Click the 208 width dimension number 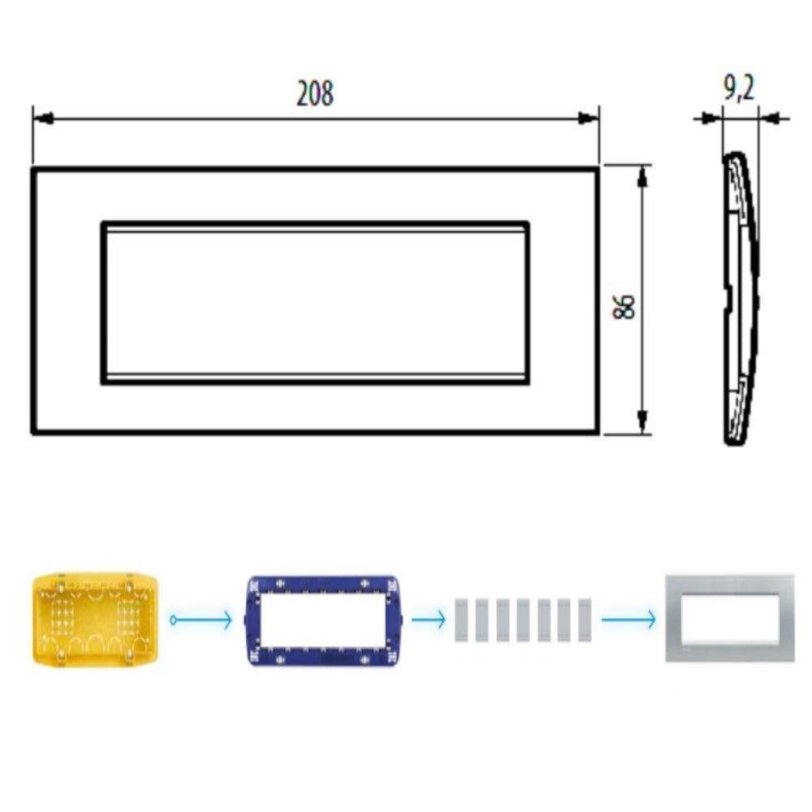click(315, 94)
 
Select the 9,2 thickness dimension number click(738, 88)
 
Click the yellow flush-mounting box click(97, 620)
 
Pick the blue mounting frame click(322, 621)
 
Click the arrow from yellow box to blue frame click(203, 621)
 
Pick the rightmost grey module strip click(584, 620)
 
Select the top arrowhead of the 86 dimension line click(642, 175)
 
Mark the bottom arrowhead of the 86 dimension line click(642, 422)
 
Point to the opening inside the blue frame click(322, 621)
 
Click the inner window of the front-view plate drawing click(315, 302)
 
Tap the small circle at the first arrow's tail click(173, 621)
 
